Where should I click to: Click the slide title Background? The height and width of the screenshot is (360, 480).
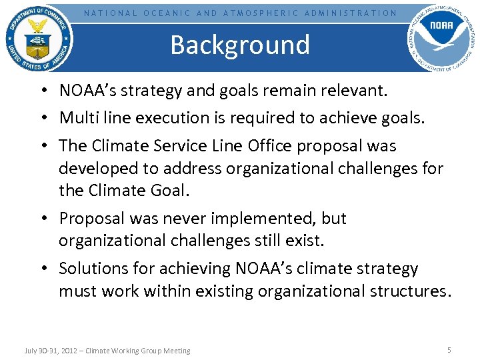tap(240, 45)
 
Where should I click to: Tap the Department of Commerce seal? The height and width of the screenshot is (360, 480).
tap(39, 38)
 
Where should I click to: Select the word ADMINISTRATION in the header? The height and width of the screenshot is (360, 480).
tap(351, 13)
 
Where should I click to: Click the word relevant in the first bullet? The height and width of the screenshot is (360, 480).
tap(353, 91)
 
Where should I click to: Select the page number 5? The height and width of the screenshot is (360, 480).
tap(449, 350)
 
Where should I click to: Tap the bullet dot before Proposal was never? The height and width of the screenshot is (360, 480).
tap(49, 219)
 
